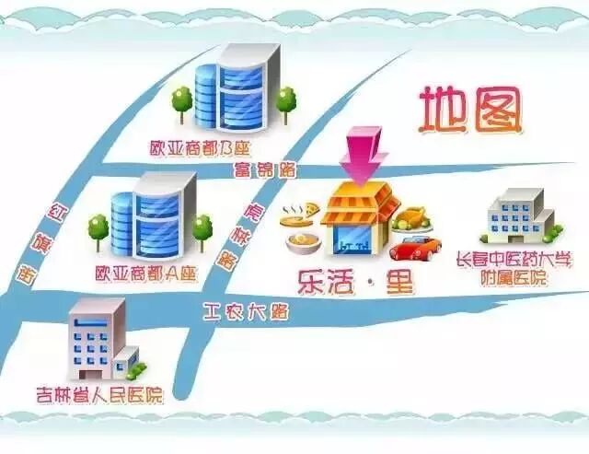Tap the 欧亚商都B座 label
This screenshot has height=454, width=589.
pyautogui.click(x=202, y=147)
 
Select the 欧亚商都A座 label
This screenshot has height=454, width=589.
pyautogui.click(x=147, y=274)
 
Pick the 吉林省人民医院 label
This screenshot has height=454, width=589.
pyautogui.click(x=99, y=396)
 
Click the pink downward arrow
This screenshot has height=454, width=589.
pyautogui.click(x=364, y=154)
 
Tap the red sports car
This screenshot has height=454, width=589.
pyautogui.click(x=415, y=247)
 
